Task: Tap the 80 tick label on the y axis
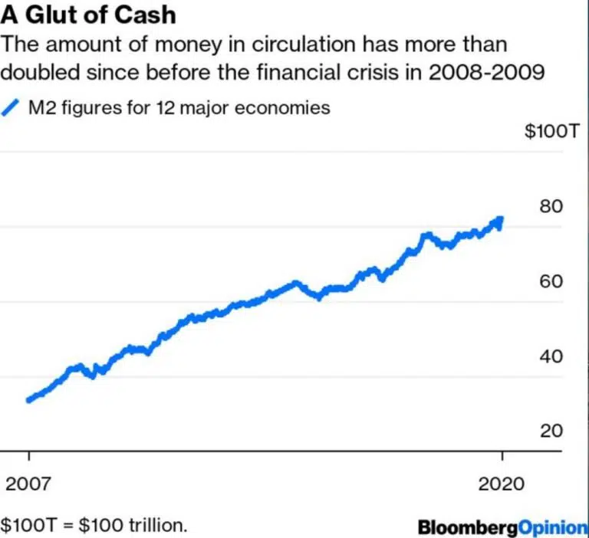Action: pyautogui.click(x=551, y=206)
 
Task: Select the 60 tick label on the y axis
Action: pyautogui.click(x=551, y=281)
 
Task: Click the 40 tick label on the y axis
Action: pyautogui.click(x=551, y=356)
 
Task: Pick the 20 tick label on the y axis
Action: pyautogui.click(x=551, y=431)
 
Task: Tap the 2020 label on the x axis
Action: pyautogui.click(x=502, y=484)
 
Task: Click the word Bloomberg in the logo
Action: pyautogui.click(x=468, y=527)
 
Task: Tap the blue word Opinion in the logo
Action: pyautogui.click(x=553, y=527)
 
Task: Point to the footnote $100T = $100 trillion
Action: pyautogui.click(x=94, y=527)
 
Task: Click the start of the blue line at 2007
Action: pyautogui.click(x=29, y=399)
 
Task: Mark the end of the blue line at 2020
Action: pyautogui.click(x=501, y=219)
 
